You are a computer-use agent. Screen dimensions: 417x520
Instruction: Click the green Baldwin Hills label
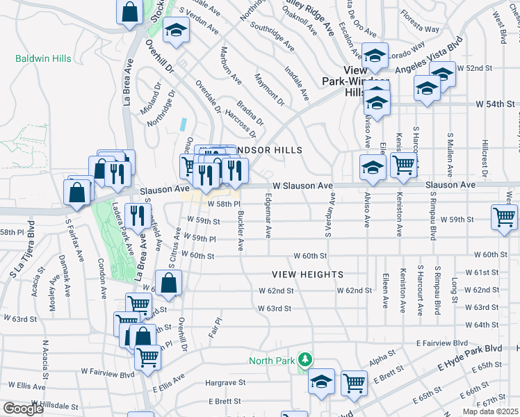click(43, 58)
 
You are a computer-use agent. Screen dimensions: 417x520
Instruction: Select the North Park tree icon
click(304, 359)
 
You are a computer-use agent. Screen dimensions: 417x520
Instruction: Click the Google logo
click(23, 409)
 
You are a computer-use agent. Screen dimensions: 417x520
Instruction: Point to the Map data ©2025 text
click(490, 411)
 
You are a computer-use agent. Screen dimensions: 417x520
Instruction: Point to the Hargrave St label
click(226, 382)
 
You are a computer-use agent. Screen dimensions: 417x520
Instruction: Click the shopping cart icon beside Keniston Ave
click(403, 165)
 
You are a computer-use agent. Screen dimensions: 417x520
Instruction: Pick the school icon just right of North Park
click(320, 382)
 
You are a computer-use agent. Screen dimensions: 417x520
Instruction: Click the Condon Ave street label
click(101, 274)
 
